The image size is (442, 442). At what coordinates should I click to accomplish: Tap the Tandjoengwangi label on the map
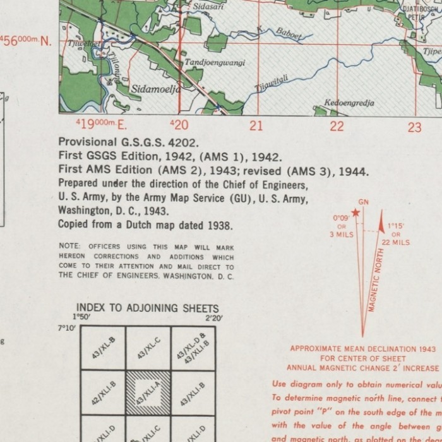[x=215, y=63]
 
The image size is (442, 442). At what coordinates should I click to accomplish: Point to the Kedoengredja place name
[x=349, y=103]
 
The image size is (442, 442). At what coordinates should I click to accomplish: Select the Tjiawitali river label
[x=271, y=81]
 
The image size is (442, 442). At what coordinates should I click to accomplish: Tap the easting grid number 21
[x=255, y=126]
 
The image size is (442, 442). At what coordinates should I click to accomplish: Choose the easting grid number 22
[x=337, y=126]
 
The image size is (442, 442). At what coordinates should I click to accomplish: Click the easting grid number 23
[x=414, y=127]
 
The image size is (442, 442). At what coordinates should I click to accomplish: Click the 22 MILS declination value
[x=395, y=242]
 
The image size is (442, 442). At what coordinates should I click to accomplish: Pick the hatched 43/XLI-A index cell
[x=148, y=392]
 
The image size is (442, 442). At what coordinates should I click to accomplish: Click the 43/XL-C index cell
[x=148, y=348]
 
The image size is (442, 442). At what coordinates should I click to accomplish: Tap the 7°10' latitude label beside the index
[x=66, y=328]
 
